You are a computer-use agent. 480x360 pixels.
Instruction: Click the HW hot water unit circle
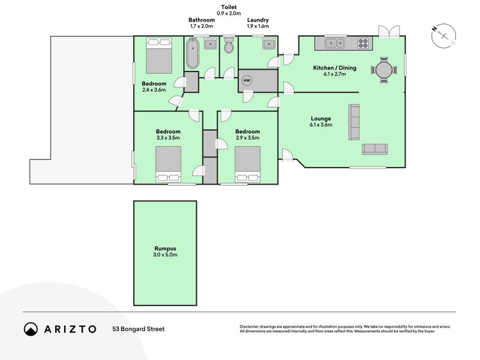tap(247, 80)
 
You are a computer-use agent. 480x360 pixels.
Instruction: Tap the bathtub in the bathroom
tap(193, 53)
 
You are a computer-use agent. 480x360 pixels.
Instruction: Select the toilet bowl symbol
tap(229, 47)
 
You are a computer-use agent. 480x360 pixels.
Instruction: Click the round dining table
tap(384, 70)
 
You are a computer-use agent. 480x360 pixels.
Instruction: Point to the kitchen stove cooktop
tap(364, 43)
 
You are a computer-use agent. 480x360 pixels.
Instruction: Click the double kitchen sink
tap(335, 43)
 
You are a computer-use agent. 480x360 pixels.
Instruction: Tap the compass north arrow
tap(444, 35)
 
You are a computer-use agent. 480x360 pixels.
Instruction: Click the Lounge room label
tap(321, 118)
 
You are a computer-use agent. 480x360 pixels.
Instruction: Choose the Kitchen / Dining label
tap(335, 68)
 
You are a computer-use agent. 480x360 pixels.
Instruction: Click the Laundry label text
tap(257, 20)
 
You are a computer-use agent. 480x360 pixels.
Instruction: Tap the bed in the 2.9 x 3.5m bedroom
tap(247, 163)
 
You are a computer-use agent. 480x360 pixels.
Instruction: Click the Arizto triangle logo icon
tap(31, 329)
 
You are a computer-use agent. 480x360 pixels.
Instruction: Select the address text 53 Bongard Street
tap(138, 329)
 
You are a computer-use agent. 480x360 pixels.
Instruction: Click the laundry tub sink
tap(268, 44)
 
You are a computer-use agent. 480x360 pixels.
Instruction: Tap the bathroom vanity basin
tap(211, 44)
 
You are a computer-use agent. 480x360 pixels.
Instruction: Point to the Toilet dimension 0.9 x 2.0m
tap(229, 13)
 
